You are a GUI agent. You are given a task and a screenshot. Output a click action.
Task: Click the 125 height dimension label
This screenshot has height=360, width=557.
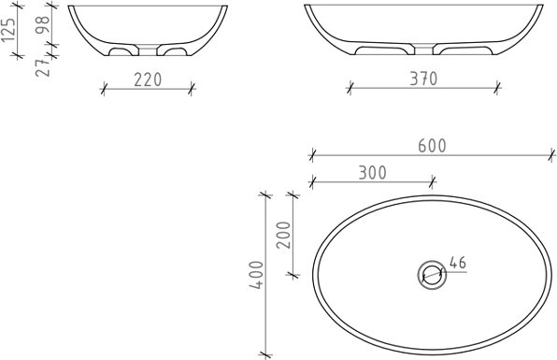8,29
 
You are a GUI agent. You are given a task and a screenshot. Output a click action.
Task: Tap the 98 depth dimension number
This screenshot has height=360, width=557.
42,24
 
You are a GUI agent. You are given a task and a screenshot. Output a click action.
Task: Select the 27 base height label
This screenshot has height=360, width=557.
43,67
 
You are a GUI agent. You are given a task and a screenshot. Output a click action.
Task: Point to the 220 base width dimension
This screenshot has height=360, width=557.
148,79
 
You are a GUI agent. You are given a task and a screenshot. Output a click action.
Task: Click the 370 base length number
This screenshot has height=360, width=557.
423,79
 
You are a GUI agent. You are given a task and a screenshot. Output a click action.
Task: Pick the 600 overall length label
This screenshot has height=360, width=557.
432,146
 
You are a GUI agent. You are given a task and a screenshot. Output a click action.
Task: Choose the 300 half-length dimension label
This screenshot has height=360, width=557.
372,173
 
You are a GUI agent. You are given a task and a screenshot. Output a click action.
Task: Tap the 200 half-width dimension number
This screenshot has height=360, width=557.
284,235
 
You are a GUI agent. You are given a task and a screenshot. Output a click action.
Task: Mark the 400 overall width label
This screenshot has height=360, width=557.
256,275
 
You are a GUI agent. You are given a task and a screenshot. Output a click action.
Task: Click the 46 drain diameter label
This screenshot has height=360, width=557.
458,263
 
